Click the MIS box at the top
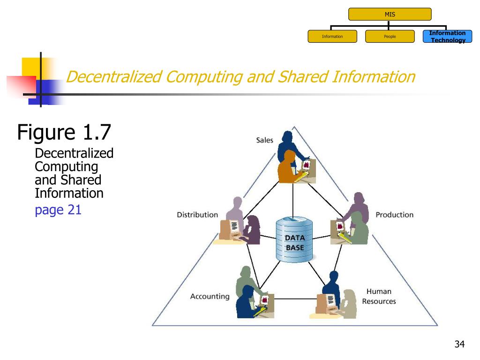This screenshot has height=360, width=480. pyautogui.click(x=390, y=14)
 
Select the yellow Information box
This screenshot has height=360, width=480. pyautogui.click(x=332, y=37)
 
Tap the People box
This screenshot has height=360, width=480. pyautogui.click(x=390, y=37)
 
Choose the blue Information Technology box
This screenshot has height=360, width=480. pyautogui.click(x=447, y=37)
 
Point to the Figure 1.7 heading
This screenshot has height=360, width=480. pyautogui.click(x=64, y=132)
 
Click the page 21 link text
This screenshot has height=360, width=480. pyautogui.click(x=58, y=210)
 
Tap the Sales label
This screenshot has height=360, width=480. pyautogui.click(x=264, y=140)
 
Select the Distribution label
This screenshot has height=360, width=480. pyautogui.click(x=197, y=215)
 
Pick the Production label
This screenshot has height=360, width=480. pyautogui.click(x=394, y=215)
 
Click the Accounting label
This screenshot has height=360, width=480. pyautogui.click(x=210, y=296)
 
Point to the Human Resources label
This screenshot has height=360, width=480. pyautogui.click(x=379, y=296)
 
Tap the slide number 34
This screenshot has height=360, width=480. pyautogui.click(x=459, y=345)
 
